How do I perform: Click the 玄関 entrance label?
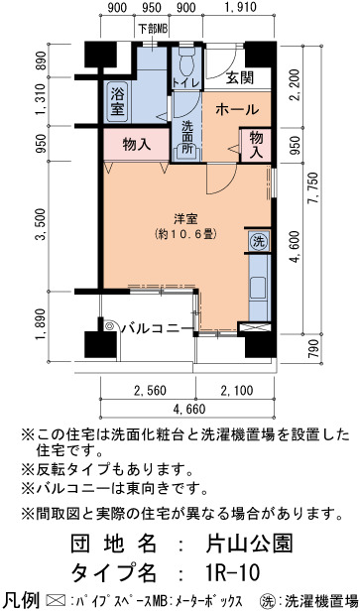click(x=240, y=78)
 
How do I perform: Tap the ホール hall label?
click(x=237, y=109)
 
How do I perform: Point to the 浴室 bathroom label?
click(x=118, y=102)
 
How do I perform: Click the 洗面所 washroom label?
click(x=187, y=138)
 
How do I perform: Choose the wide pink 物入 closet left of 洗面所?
click(x=137, y=145)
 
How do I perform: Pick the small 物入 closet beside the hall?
click(x=256, y=145)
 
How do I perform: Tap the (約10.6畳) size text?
click(x=185, y=234)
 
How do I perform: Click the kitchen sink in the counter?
click(x=258, y=289)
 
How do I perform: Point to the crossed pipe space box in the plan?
click(x=254, y=327)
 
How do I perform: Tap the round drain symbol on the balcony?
click(x=109, y=326)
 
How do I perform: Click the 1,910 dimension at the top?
click(x=240, y=7)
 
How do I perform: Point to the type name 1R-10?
click(x=231, y=573)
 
